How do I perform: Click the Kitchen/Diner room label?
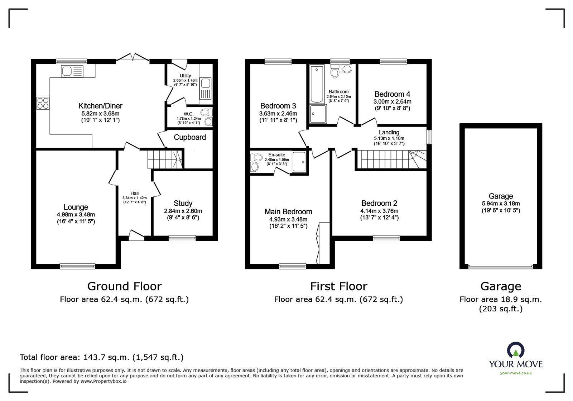[100, 106]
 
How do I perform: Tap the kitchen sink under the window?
[72, 71]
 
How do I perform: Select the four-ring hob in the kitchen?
[43, 103]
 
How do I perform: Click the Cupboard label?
[190, 137]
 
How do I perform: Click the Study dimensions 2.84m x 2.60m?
[183, 211]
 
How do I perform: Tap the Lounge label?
[76, 207]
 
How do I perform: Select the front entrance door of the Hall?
[136, 236]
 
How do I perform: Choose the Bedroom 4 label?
[392, 94]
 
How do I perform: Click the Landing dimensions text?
[389, 138]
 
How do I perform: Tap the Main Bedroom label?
[288, 212]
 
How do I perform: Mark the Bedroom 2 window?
[387, 238]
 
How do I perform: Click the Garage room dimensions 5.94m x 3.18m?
[501, 203]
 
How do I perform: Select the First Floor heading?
[338, 286]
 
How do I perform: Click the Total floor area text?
[101, 357]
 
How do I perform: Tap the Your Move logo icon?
[516, 350]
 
